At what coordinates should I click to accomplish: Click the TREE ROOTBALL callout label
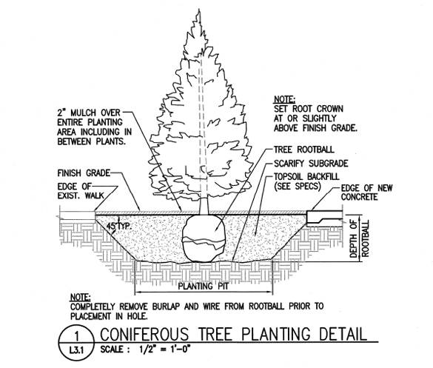303,150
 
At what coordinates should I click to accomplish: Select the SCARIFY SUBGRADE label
311,164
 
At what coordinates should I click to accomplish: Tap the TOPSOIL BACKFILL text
306,176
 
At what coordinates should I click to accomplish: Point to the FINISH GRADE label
84,173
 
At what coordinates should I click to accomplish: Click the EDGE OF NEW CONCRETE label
366,193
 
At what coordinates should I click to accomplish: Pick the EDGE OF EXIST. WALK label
81,191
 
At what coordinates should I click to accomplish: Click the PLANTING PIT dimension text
204,286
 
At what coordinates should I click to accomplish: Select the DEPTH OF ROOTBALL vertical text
359,238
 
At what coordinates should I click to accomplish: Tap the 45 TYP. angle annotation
119,227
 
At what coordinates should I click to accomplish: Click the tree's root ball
204,238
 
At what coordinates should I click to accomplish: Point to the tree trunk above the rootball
204,206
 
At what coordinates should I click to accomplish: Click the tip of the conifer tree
199,10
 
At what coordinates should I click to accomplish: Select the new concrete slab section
324,217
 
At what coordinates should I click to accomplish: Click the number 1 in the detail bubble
77,336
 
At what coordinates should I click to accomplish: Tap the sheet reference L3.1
76,351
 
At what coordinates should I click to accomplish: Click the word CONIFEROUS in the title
144,334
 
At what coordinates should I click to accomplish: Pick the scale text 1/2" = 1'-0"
164,349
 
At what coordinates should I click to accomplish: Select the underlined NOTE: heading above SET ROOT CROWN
284,99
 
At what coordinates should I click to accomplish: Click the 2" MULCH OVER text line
89,113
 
